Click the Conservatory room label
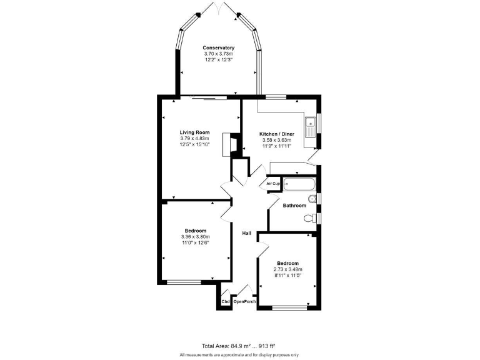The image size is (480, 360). coord(218,47)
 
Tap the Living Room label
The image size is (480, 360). coord(194,132)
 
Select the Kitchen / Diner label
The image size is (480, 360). coord(277,134)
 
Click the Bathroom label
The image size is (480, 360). coord(294,206)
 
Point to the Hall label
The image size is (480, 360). coord(247,233)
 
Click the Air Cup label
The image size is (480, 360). coord(273,184)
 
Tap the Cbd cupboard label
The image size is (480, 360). coord(225,302)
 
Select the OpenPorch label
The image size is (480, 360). coord(245,302)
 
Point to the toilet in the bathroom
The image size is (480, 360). coord(309,218)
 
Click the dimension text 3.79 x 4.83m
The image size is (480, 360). coord(194,139)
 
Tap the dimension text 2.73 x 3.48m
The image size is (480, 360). coord(288,269)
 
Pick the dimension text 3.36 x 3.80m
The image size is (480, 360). coord(196,237)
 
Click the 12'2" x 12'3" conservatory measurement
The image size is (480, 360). coord(218,59)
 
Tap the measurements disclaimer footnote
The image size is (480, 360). coord(240,354)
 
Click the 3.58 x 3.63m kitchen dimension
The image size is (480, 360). coord(277,141)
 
